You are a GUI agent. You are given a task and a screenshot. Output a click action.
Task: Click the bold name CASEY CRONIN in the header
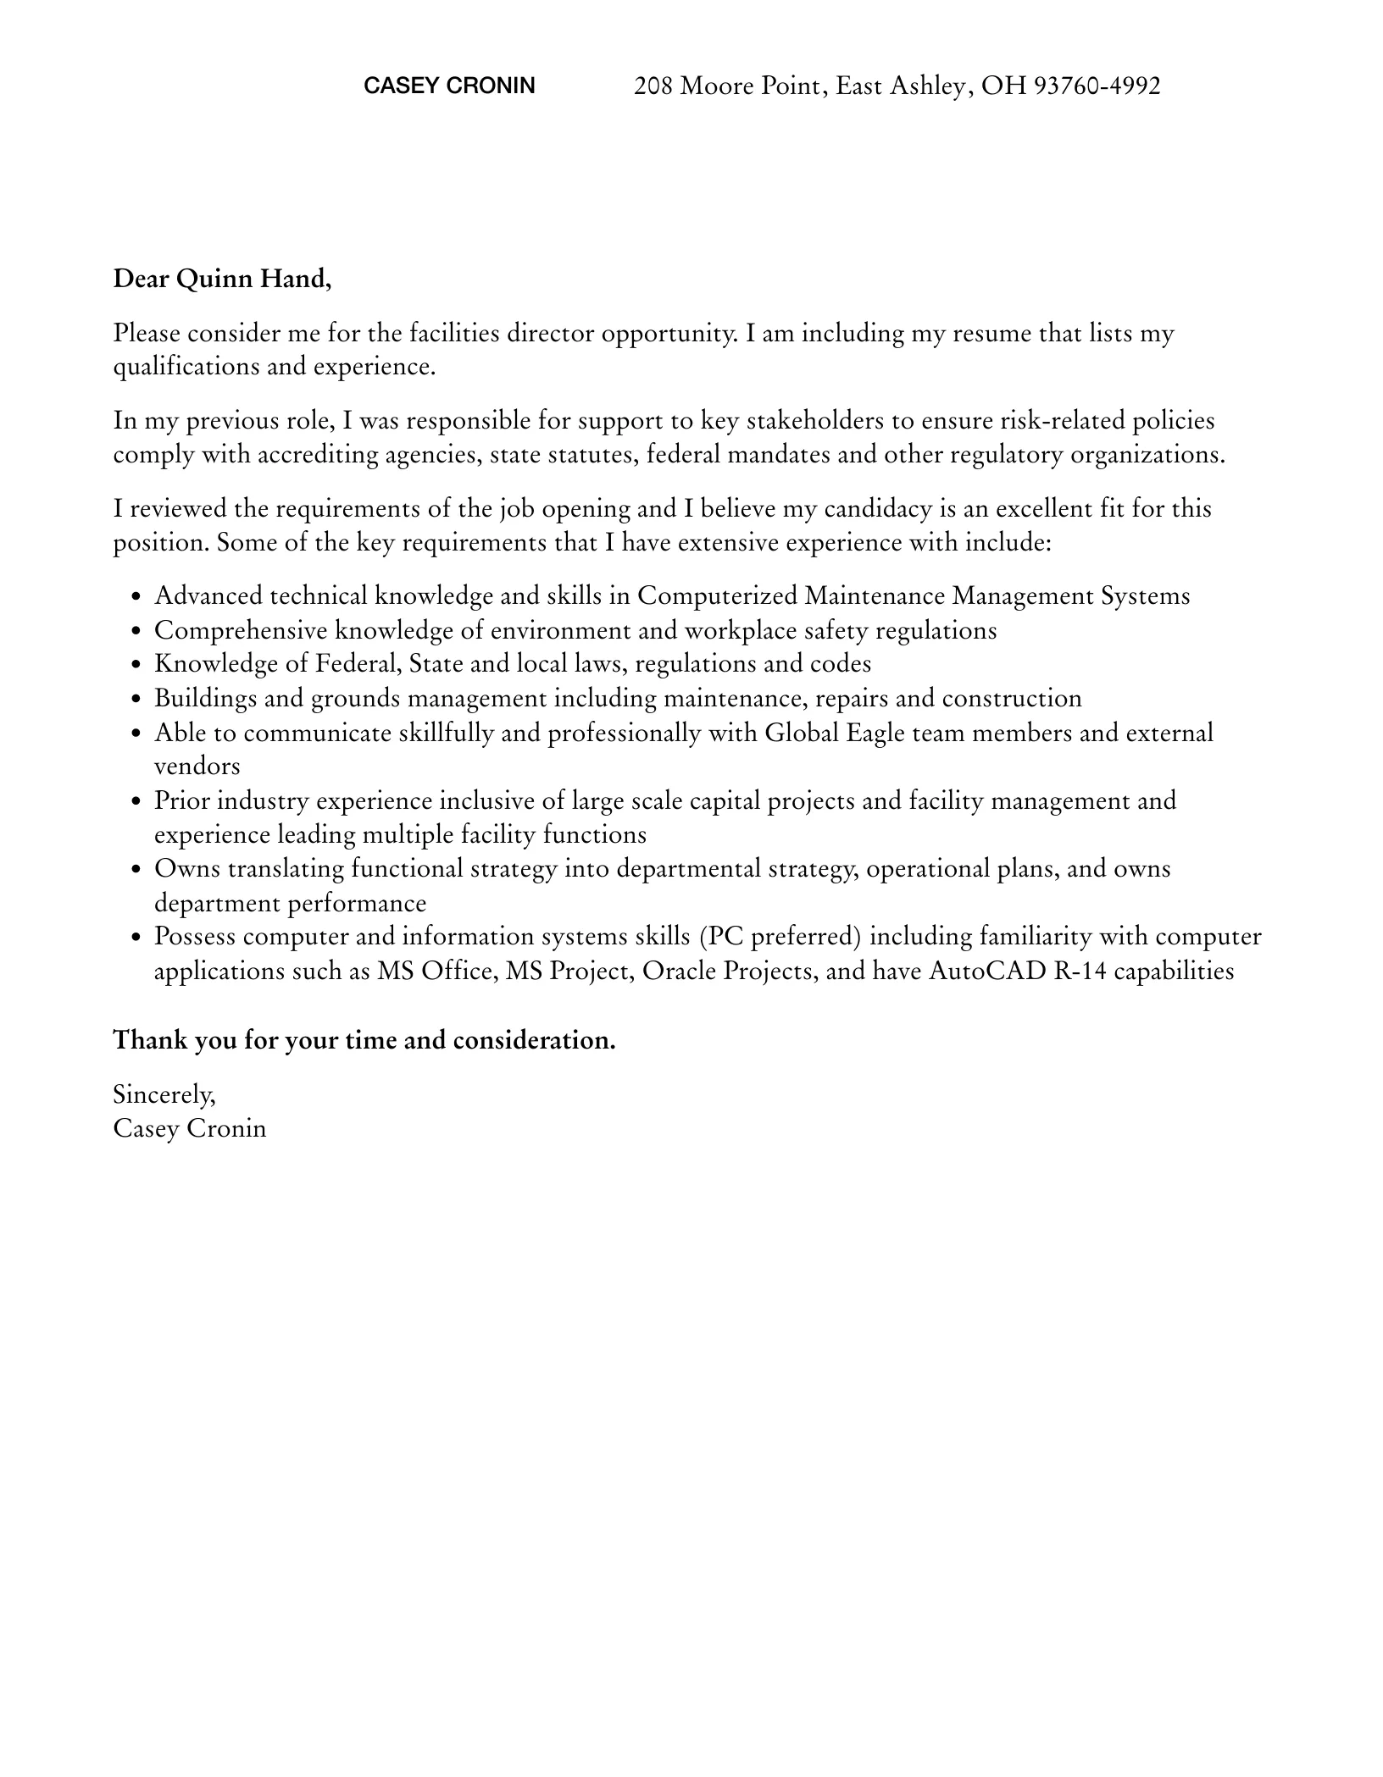[x=449, y=86]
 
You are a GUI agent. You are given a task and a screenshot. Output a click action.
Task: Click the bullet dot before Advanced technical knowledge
[x=136, y=598]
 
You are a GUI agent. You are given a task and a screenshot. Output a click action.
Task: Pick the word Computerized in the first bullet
[x=717, y=596]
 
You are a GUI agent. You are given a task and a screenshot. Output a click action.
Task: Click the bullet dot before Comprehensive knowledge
[x=136, y=632]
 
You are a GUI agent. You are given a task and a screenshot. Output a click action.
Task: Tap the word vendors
[x=197, y=767]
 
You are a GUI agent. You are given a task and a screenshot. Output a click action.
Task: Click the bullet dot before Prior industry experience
[x=136, y=802]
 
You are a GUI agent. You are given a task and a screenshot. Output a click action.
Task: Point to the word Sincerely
[x=164, y=1095]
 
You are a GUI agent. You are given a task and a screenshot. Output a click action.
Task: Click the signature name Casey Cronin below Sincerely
[x=190, y=1129]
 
